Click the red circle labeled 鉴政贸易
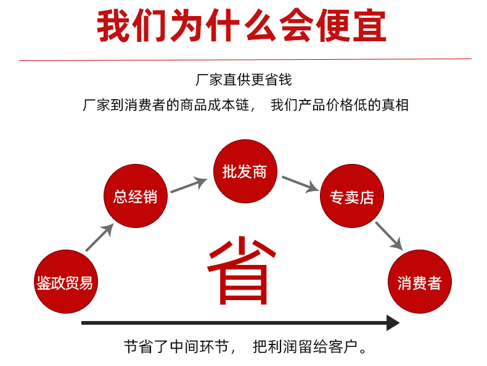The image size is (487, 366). click(66, 282)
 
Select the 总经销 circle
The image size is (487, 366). click(136, 196)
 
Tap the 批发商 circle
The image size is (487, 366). click(245, 171)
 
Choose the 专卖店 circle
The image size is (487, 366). click(352, 196)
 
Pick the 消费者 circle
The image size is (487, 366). click(420, 282)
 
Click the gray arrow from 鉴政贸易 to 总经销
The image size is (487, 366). click(99, 237)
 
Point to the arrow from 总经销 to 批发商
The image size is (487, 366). click(189, 185)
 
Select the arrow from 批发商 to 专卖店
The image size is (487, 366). click(300, 184)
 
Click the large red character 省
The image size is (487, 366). click(241, 270)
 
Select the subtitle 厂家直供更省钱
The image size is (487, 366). click(244, 79)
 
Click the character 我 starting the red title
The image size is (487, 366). click(113, 25)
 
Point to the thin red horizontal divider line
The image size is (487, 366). click(245, 60)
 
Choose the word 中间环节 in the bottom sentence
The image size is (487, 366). click(200, 347)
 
